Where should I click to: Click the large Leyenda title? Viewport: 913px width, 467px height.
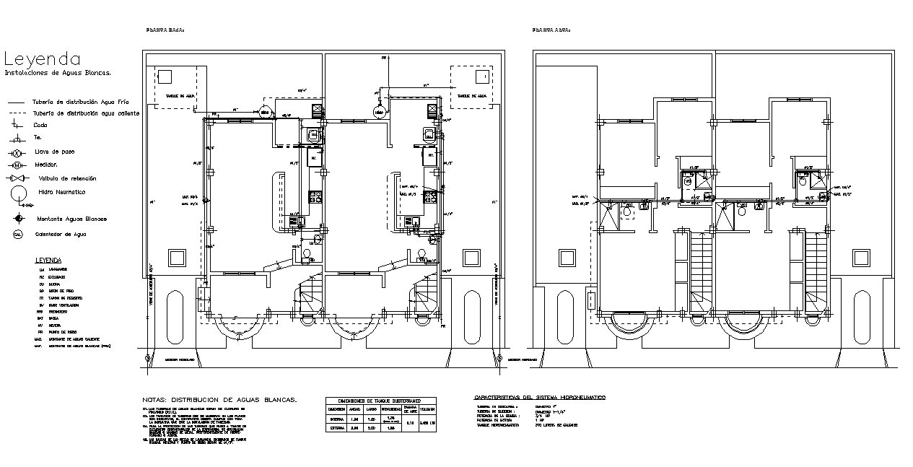point(43,58)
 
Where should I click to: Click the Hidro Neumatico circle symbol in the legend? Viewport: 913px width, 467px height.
point(18,193)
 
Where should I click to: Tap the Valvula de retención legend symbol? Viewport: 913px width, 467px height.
point(17,178)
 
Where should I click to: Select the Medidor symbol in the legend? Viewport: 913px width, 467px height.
point(17,165)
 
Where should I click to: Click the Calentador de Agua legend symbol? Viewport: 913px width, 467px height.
point(17,234)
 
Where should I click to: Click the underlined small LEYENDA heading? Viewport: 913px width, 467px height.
point(48,260)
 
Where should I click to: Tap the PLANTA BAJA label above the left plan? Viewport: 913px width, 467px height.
point(166,30)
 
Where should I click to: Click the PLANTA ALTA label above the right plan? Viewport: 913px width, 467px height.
point(551,30)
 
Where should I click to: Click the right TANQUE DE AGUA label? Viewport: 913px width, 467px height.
point(473,95)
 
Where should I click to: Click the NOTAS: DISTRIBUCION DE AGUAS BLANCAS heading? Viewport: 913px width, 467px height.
point(220,399)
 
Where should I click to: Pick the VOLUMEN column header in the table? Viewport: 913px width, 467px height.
point(427,409)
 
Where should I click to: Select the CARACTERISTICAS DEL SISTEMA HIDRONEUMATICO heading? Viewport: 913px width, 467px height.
point(540,398)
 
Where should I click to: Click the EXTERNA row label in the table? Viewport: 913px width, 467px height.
point(336,429)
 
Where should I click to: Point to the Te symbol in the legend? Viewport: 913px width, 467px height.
point(17,138)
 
